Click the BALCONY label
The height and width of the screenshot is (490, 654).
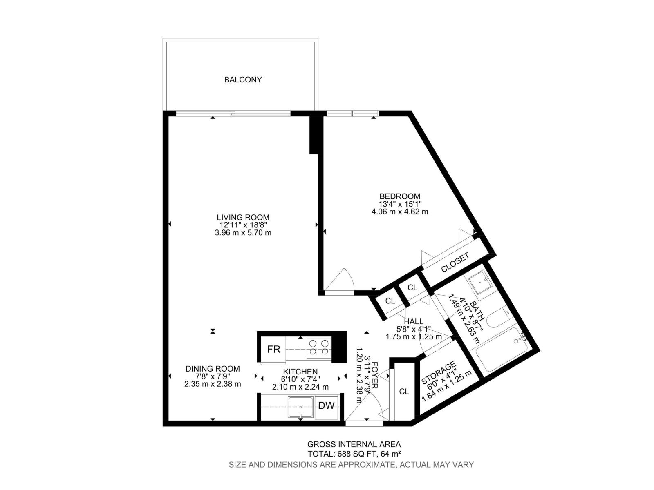pos(243,80)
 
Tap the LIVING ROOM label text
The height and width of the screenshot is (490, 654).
pos(243,217)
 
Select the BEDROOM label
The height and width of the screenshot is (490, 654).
pos(399,196)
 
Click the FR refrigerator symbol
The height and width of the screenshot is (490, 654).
pos(273,350)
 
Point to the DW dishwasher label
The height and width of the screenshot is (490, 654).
pos(326,405)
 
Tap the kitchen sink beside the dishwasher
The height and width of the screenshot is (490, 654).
pos(300,407)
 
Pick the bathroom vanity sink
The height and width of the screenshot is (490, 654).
pos(479,283)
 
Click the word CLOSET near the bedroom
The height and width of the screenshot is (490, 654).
pos(455,263)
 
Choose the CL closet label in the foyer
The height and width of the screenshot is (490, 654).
pos(404,392)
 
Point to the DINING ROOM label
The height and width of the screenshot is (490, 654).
pos(213,369)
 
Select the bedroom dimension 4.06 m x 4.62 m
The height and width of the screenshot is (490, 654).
pos(399,212)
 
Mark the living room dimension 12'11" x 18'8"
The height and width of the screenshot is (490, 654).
pos(243,225)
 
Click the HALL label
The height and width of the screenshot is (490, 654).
pos(414,322)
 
